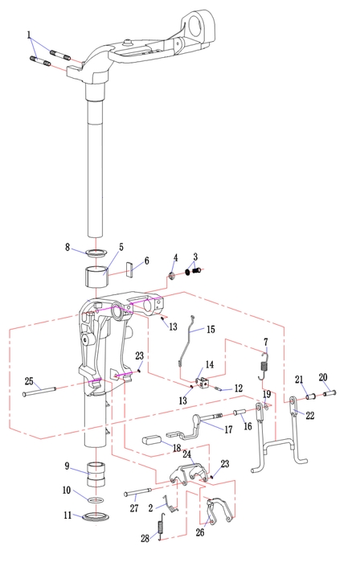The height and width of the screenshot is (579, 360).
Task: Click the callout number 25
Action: pos(29,381)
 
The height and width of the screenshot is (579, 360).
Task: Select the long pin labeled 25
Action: pos(39,391)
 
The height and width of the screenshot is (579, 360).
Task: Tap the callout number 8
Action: pos(67,247)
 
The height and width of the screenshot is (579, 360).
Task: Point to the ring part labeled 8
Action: pos(96,253)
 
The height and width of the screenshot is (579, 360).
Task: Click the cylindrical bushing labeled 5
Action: pos(96,276)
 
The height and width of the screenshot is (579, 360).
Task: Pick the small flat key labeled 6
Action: pos(129,269)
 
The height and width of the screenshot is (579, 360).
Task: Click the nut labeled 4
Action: pos(171,276)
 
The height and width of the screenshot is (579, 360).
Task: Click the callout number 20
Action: pos(323,377)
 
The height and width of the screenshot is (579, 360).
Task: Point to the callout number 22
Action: pos(310,416)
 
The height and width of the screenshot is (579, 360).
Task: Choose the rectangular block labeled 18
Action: pos(152,440)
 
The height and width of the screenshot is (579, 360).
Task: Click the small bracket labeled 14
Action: pos(202,383)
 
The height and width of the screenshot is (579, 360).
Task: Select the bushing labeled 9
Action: pos(96,474)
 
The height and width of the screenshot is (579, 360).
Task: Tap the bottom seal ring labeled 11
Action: pos(96,516)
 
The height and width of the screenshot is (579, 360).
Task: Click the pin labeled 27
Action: pos(138,492)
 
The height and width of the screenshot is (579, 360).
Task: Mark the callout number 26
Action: pos(199,532)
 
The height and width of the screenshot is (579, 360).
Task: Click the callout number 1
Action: pos(29,35)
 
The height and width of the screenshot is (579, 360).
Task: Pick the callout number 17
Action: pos(228,429)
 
